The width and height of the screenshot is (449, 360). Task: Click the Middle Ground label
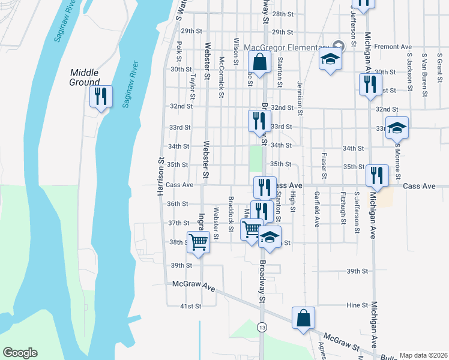84,77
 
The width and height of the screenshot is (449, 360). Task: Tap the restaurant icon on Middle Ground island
100,96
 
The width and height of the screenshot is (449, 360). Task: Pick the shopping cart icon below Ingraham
198,242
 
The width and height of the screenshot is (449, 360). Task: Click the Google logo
20,353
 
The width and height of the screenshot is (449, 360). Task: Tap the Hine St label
357,305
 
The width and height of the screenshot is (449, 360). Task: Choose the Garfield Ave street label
317,209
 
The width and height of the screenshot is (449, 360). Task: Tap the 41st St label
191,307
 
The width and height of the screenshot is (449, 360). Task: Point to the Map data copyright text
423,355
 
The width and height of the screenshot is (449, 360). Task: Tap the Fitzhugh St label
343,208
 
